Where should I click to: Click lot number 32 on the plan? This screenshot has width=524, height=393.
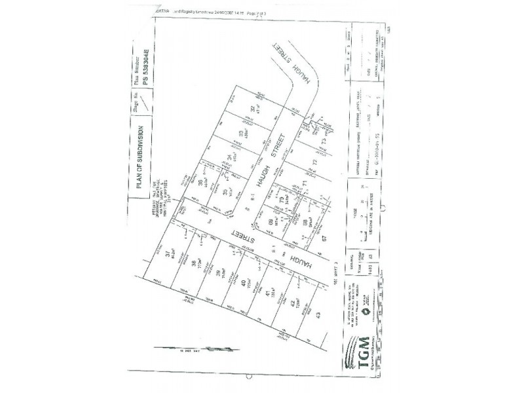252,109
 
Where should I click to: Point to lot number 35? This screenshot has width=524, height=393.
225,192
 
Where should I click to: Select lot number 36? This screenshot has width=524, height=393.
199,184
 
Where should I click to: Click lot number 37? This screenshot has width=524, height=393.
169,253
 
